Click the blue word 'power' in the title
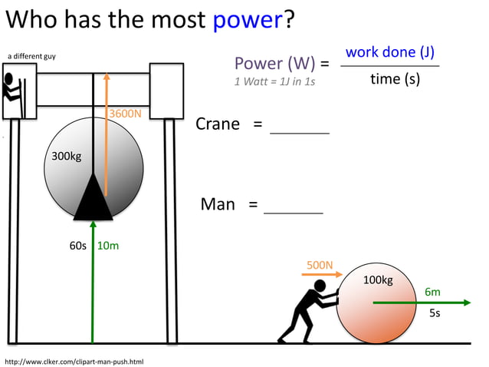248,21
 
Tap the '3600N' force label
125,114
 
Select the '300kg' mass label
66,157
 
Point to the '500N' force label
320,266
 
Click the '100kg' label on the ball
377,280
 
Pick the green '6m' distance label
432,293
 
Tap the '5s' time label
434,313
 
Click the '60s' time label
78,246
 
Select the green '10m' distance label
108,246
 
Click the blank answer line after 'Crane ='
300,132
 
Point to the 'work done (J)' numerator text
390,53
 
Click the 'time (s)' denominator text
395,79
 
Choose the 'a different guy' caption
31,56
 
